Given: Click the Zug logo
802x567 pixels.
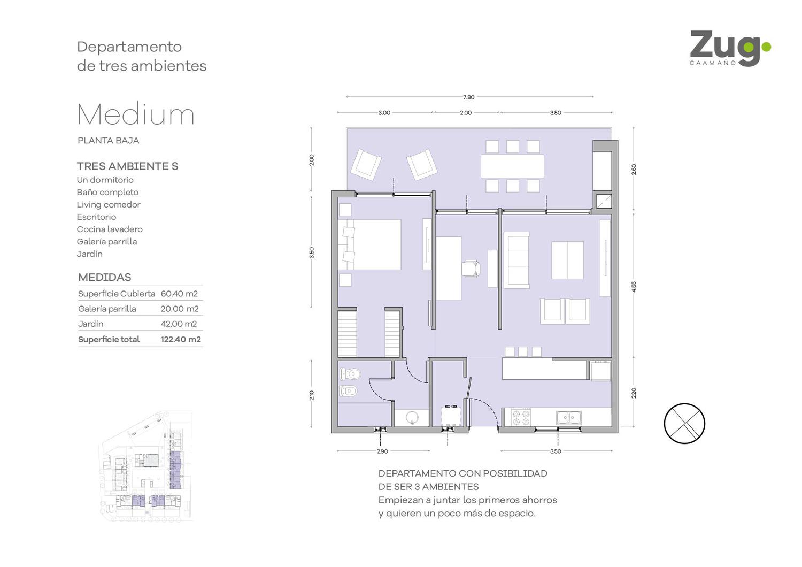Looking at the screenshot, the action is [730, 49].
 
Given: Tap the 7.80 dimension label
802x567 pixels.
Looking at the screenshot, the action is [469, 97].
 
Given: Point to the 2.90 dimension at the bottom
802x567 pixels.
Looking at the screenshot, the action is [382, 451].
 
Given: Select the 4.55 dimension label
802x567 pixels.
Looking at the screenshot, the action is [634, 287].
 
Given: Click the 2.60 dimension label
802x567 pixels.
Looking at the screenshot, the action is [634, 170].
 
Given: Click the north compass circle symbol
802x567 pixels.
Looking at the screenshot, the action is [684, 424].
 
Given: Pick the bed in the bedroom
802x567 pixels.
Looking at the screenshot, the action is [369, 244].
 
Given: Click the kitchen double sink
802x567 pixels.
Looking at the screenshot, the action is [568, 417].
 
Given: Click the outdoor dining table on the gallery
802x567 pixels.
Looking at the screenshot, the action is [512, 166].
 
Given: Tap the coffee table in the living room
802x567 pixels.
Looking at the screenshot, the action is [567, 260].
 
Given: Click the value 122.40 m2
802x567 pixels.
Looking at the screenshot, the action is [181, 340].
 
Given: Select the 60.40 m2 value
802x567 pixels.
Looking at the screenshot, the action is [179, 294].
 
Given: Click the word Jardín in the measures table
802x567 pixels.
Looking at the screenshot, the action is [91, 324].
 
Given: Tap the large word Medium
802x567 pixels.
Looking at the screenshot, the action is [136, 114].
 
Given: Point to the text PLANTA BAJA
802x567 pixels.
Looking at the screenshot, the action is [109, 140].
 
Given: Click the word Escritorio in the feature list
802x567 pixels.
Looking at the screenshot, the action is [96, 217].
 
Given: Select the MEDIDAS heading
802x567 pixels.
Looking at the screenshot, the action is [105, 277].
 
